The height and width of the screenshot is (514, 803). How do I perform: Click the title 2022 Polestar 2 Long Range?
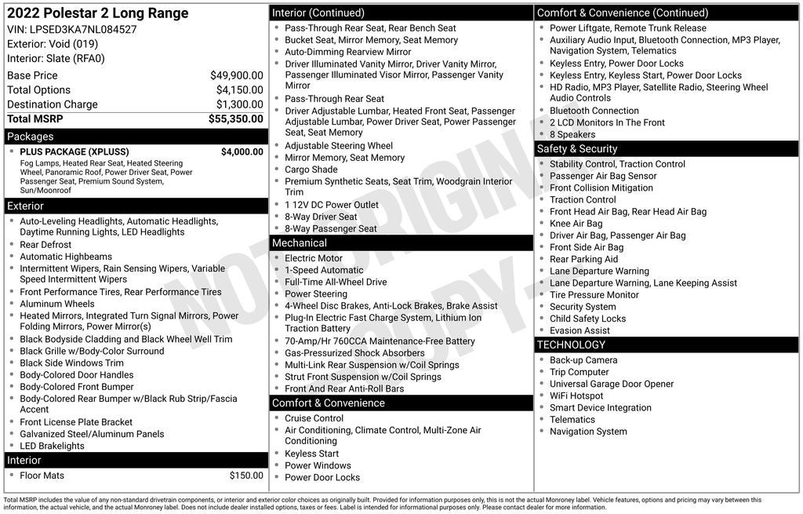coord(98,13)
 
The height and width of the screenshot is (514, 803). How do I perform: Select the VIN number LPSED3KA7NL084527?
coord(83,29)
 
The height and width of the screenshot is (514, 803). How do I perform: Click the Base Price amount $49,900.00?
coord(236,75)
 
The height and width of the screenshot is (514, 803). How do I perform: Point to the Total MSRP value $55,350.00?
coord(235,118)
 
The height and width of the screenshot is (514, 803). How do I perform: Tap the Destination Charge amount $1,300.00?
coord(239,104)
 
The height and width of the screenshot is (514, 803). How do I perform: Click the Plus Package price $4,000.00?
coord(242,151)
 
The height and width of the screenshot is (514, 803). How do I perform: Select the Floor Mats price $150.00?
coord(246,476)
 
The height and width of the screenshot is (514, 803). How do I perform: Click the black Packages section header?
coord(136,137)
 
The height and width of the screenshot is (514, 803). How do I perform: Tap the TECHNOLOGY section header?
coord(666,344)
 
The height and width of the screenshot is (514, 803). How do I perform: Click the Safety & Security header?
coord(666,148)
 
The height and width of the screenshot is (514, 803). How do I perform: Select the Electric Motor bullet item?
coord(313,258)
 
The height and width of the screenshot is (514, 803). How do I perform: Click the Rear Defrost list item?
coord(45,245)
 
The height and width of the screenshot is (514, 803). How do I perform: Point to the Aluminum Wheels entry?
coord(56,304)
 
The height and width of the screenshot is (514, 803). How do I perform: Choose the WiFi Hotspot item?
coord(576,396)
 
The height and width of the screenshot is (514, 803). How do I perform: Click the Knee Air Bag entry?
coord(576,224)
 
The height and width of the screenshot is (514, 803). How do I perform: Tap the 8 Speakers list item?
coord(572,134)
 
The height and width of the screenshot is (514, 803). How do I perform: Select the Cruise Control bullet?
coord(314,418)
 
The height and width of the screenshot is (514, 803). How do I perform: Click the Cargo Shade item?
coord(311,170)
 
